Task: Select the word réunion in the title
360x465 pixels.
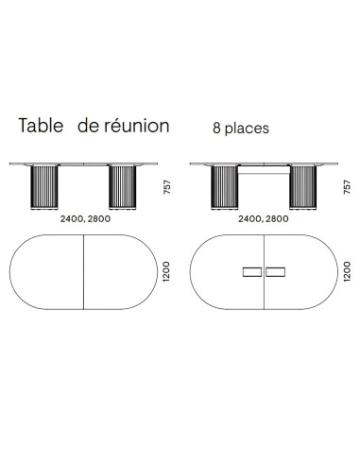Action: (135, 126)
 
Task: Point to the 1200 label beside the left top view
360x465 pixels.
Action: (166, 272)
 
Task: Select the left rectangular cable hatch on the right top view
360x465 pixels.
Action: (252, 272)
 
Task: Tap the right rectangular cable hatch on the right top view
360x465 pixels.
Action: (277, 272)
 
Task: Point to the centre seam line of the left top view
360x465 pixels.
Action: (84, 272)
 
